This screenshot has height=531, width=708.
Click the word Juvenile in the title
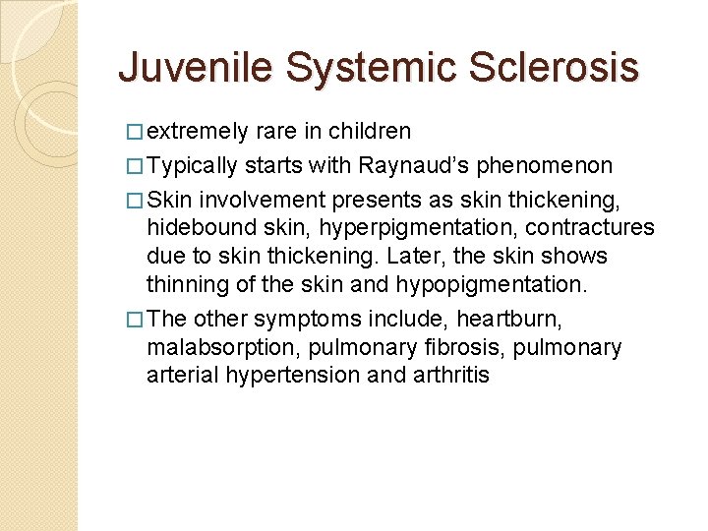193,68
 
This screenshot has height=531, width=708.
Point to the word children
370,132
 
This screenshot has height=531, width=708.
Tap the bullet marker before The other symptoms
136,319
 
